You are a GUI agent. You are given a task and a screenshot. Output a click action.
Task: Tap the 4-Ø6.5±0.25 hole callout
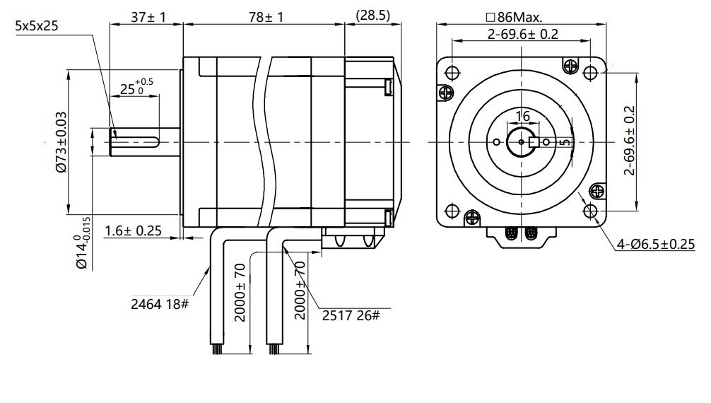tap(655, 244)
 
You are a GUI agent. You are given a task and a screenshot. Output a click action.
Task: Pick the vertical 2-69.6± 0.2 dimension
tap(630, 140)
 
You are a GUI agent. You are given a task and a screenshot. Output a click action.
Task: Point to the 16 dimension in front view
tap(522, 116)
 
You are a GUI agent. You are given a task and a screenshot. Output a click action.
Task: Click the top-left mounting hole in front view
tap(452, 71)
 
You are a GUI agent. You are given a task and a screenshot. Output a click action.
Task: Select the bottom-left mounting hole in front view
tap(452, 211)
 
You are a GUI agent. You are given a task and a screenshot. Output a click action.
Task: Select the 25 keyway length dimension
tap(132, 88)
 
